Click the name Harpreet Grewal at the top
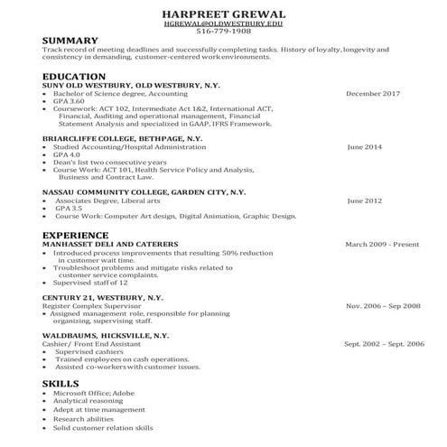[x=223, y=14]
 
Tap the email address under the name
[x=223, y=24]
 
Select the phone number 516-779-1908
[x=223, y=33]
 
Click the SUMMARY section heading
[x=70, y=42]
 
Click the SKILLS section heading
[x=61, y=384]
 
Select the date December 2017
[x=373, y=94]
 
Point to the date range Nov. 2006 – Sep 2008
[x=383, y=306]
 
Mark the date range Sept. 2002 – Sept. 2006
[x=384, y=344]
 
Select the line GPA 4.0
[x=68, y=154]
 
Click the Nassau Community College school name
[x=144, y=192]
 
